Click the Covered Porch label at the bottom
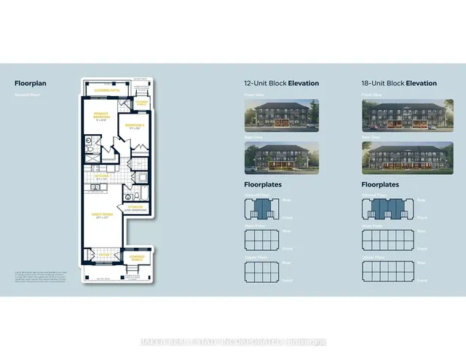click(x=137, y=257)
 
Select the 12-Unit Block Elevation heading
click(x=281, y=84)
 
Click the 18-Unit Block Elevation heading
click(x=398, y=84)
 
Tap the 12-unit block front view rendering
click(x=281, y=115)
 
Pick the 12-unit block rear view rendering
click(x=281, y=158)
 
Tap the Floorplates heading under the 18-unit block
click(x=380, y=185)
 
